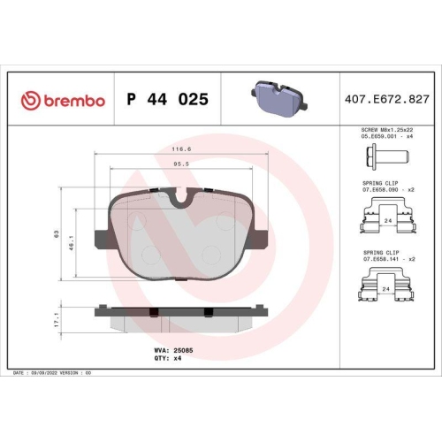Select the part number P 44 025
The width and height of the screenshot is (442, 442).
tap(168, 100)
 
